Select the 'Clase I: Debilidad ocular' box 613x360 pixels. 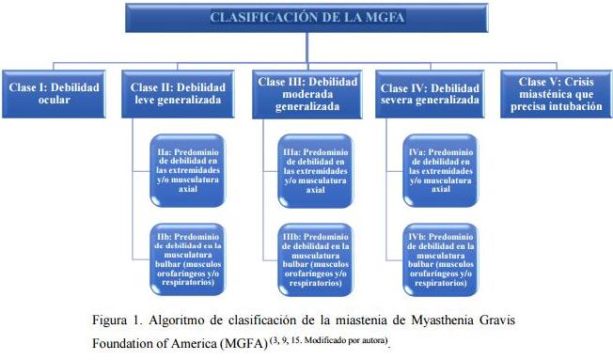click(x=55, y=93)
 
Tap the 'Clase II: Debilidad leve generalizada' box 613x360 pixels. click(x=180, y=93)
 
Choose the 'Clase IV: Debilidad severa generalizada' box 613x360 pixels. click(x=429, y=93)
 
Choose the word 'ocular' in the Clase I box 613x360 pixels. click(x=55, y=100)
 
